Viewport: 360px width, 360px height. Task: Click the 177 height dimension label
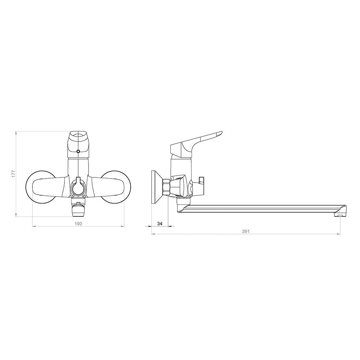click(x=14, y=174)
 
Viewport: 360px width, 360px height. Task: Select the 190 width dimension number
click(x=78, y=224)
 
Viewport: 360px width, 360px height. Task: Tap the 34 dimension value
click(x=160, y=224)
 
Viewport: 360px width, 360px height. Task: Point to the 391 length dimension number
click(x=246, y=231)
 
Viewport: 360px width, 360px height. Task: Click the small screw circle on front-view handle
click(x=78, y=151)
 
